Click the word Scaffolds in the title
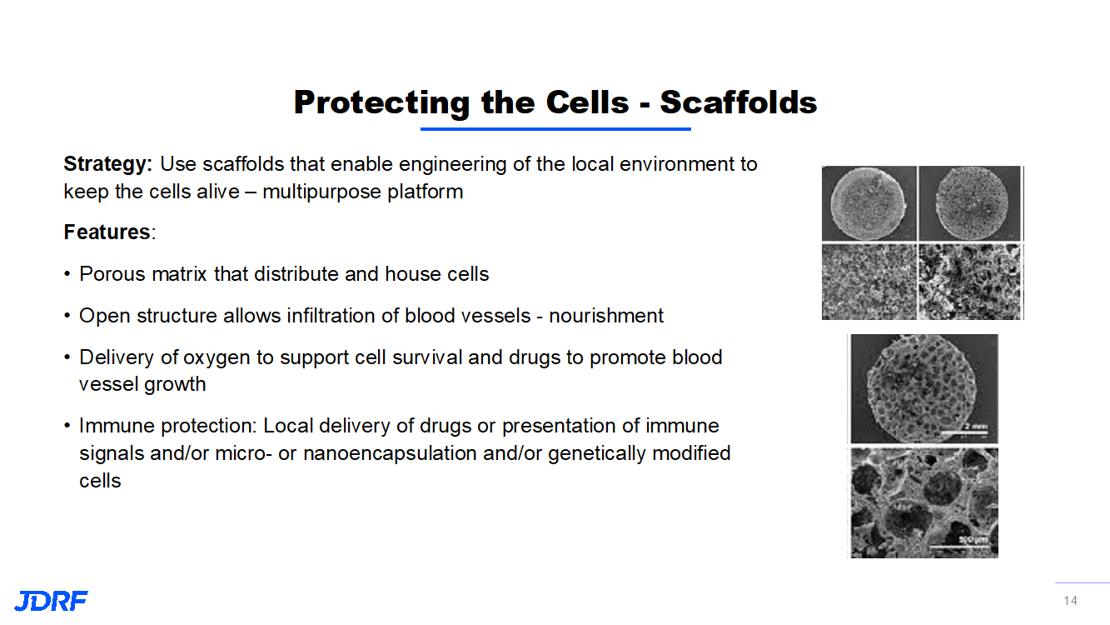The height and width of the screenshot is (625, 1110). [738, 102]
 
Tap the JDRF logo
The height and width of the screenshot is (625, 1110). [51, 601]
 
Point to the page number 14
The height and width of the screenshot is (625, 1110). [1070, 601]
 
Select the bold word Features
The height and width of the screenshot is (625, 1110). [107, 232]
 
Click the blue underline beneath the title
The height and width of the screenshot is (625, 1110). [555, 129]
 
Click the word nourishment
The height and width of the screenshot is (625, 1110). [606, 316]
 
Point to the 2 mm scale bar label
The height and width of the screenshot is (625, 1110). [975, 427]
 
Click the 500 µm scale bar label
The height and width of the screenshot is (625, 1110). [972, 540]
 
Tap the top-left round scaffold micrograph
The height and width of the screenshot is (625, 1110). [869, 203]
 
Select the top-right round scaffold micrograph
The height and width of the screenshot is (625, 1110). [971, 203]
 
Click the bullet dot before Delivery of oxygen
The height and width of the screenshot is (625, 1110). [67, 358]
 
